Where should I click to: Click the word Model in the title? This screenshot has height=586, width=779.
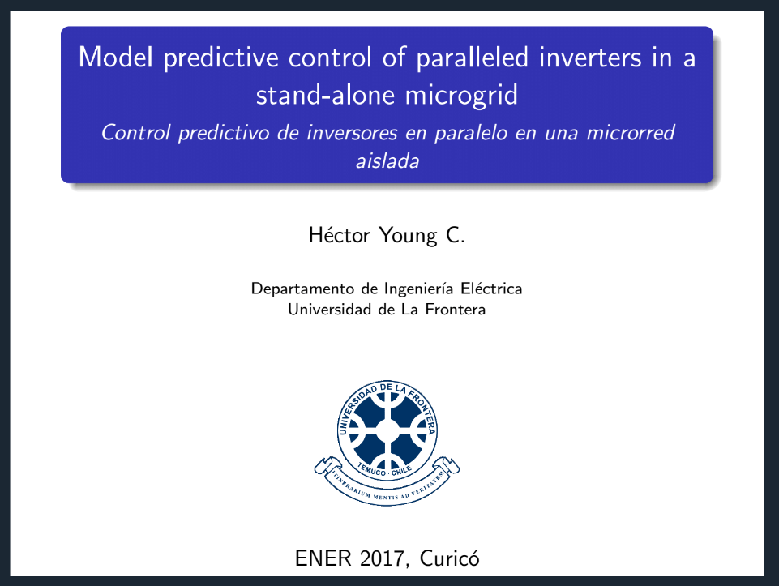point(116,57)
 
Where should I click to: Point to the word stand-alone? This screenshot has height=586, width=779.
point(324,95)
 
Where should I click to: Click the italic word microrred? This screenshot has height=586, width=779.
point(631,133)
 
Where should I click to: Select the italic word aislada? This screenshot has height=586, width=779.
point(387,161)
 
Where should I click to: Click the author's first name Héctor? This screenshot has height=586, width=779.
point(340,235)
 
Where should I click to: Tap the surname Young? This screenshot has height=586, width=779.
point(409,236)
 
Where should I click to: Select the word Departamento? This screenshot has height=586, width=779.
point(302,289)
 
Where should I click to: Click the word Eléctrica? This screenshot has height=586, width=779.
point(491,289)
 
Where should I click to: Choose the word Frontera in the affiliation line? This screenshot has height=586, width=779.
point(456,310)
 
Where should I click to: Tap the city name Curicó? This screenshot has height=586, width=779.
point(450,558)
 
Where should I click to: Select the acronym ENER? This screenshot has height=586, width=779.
point(323,558)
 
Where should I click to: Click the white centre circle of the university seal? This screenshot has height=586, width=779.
point(387,430)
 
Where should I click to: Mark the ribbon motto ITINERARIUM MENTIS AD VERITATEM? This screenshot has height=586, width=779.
point(387,488)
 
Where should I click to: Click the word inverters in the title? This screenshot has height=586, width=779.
point(590,57)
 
